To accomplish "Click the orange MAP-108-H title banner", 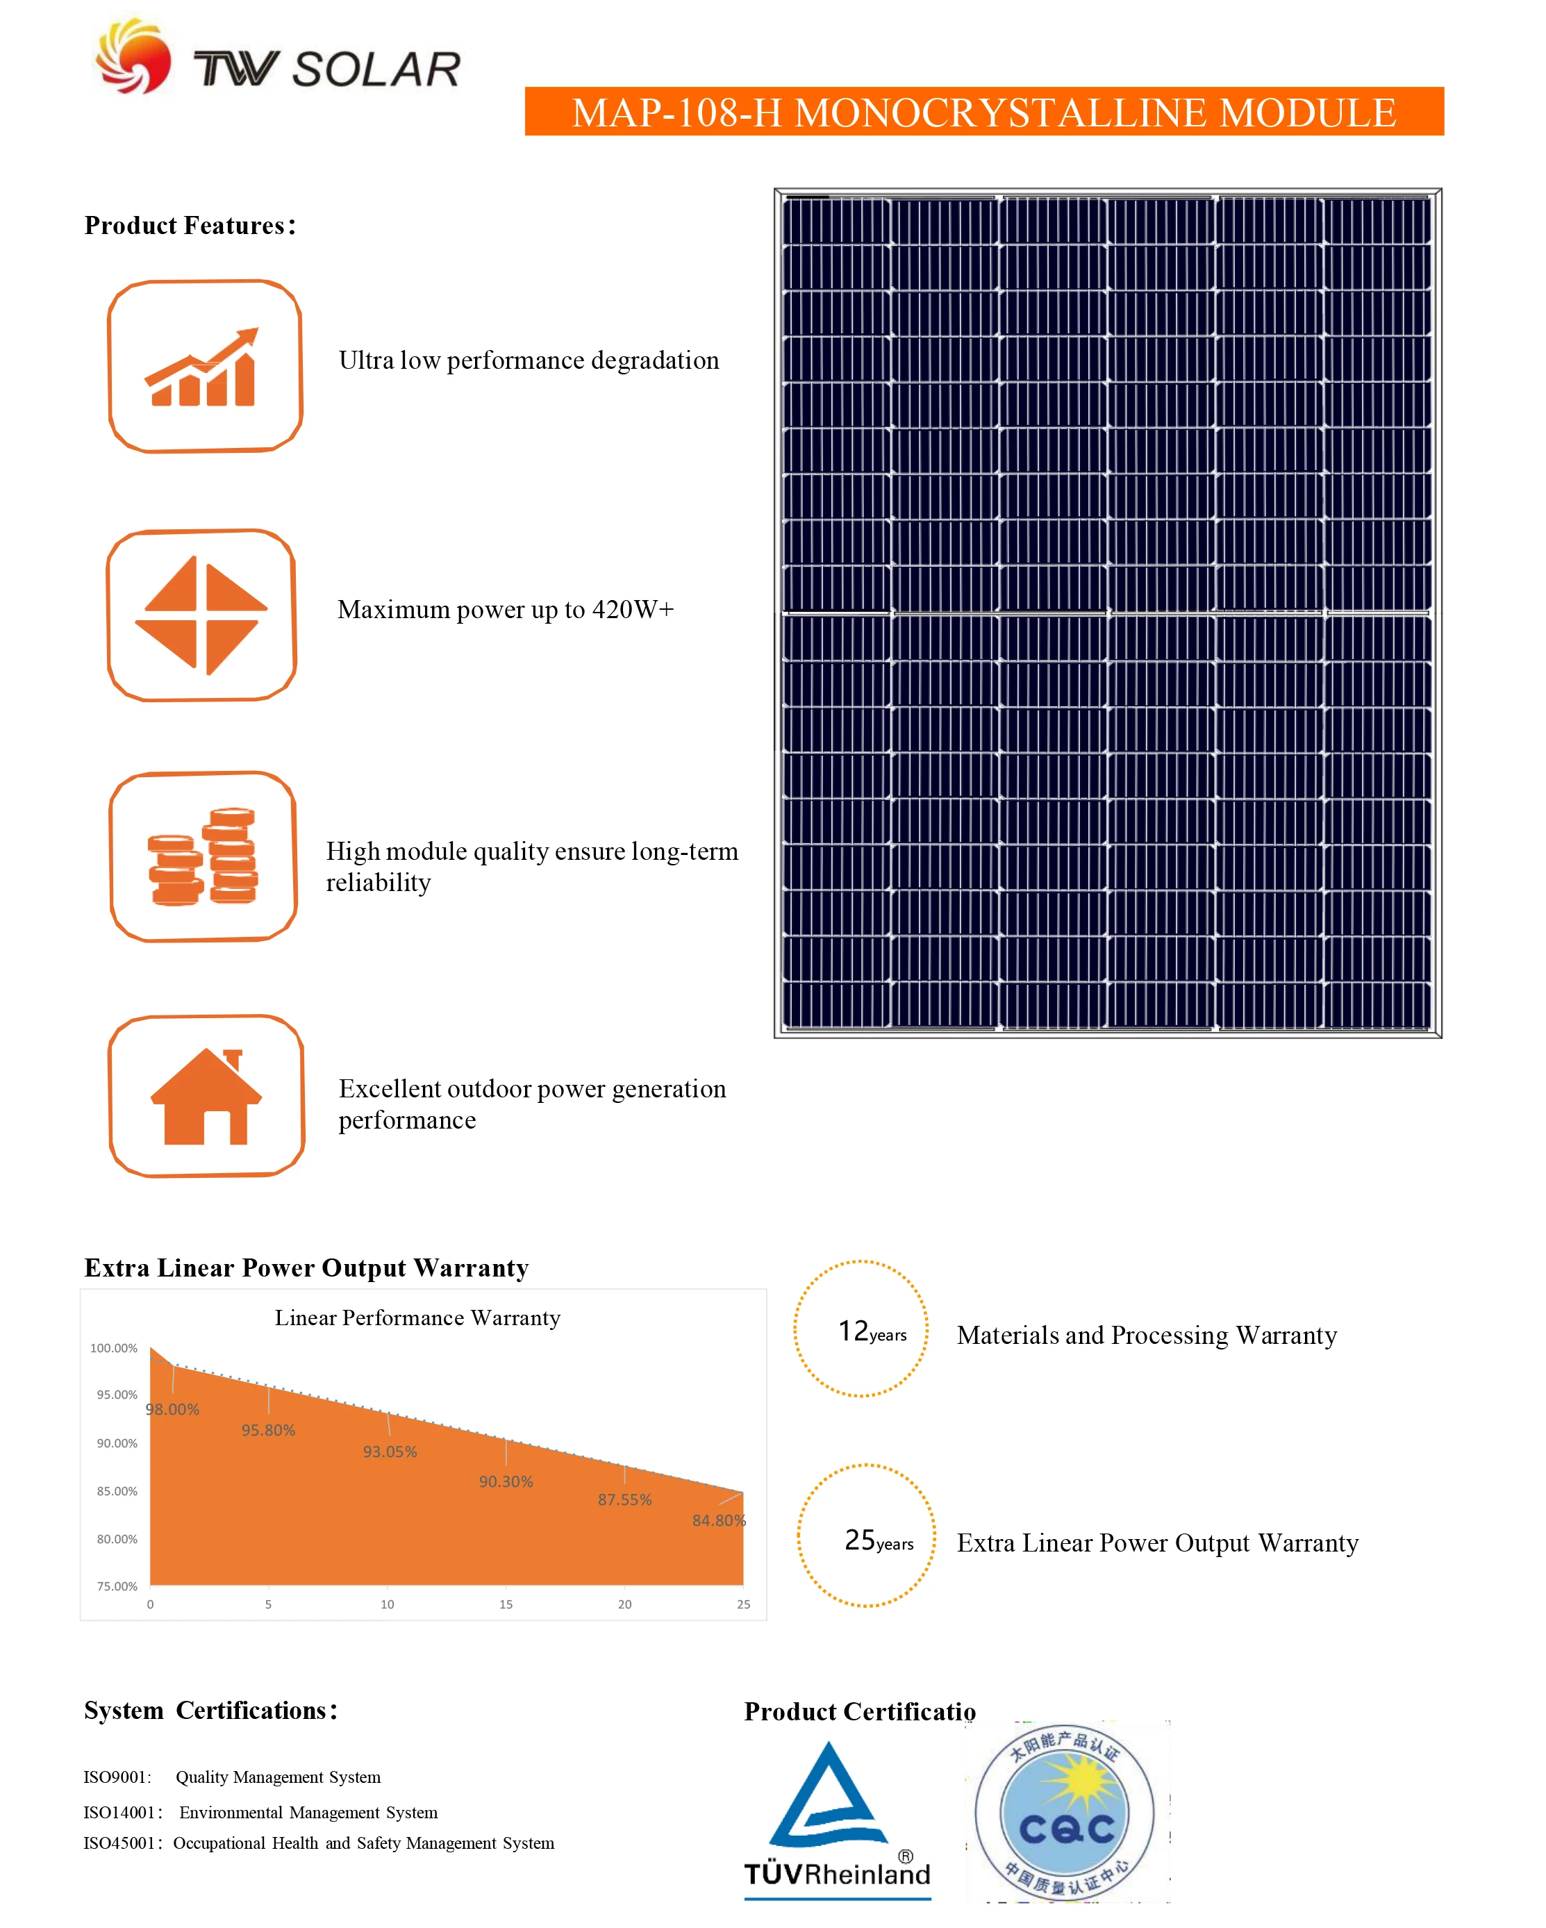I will tap(983, 112).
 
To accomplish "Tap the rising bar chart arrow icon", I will tap(204, 367).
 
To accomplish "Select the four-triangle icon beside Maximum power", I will tap(201, 615).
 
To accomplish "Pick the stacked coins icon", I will tap(203, 856).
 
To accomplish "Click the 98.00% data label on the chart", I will tap(172, 1409).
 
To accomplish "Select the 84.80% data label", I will tap(718, 1520).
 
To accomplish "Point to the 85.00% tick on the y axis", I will tap(117, 1490).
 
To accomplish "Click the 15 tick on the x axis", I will tap(506, 1604).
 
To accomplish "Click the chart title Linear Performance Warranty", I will tap(417, 1318).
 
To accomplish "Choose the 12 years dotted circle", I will tap(861, 1329).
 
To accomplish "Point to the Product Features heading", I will tap(190, 225).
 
